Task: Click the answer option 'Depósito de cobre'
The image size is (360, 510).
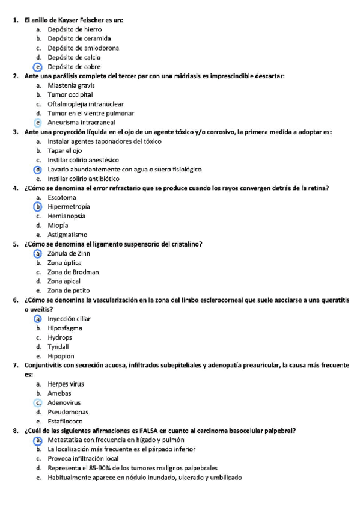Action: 74,67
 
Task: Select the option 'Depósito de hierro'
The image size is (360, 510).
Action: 75,29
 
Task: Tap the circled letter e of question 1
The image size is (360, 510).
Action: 38,67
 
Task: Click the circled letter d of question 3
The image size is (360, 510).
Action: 38,169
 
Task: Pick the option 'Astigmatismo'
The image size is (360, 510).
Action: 67,235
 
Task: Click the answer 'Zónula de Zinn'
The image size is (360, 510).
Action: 69,253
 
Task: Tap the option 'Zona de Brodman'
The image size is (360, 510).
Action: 73,272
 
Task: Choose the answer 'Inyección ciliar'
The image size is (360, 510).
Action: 69,319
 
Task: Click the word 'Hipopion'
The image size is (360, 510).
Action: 61,356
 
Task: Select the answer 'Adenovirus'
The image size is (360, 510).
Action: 64,402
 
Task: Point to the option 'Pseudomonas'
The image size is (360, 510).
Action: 67,412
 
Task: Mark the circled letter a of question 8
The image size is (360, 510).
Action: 38,440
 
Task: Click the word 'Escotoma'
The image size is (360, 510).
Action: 62,197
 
